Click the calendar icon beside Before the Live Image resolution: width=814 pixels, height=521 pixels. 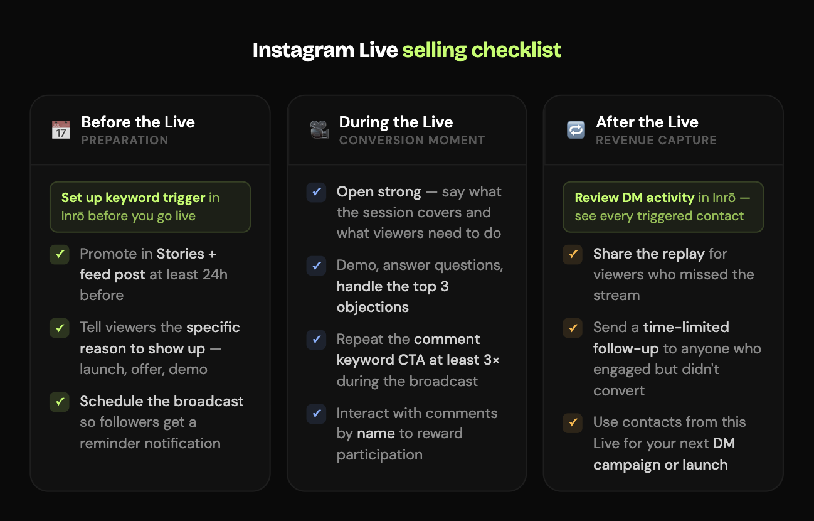(x=61, y=130)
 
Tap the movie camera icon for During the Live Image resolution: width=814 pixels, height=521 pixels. (x=319, y=130)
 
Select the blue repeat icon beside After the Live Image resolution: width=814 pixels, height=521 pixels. (x=576, y=130)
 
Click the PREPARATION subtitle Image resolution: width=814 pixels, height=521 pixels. (x=125, y=140)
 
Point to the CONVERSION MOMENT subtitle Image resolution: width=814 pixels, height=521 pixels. (x=412, y=140)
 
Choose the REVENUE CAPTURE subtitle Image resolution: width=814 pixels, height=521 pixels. (x=656, y=140)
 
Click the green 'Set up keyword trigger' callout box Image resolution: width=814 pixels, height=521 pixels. (x=150, y=207)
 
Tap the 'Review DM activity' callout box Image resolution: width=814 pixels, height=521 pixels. (x=663, y=207)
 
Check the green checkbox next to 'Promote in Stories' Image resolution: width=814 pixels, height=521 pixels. (x=60, y=254)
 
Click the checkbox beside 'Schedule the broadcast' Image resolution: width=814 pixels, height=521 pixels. (x=60, y=402)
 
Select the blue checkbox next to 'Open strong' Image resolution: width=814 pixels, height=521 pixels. (x=316, y=192)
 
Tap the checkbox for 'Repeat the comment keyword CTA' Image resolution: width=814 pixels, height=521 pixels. (x=316, y=340)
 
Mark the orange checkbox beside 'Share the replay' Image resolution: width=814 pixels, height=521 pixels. (x=573, y=254)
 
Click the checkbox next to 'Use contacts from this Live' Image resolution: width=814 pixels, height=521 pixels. (x=573, y=422)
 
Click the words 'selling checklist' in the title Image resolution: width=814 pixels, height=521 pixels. (x=482, y=50)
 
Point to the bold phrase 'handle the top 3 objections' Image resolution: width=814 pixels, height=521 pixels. (x=393, y=297)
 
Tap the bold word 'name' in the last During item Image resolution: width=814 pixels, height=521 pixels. (x=376, y=434)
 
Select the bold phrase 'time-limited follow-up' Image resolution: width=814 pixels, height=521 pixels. (x=661, y=337)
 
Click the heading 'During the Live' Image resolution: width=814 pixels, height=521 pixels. (x=396, y=122)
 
